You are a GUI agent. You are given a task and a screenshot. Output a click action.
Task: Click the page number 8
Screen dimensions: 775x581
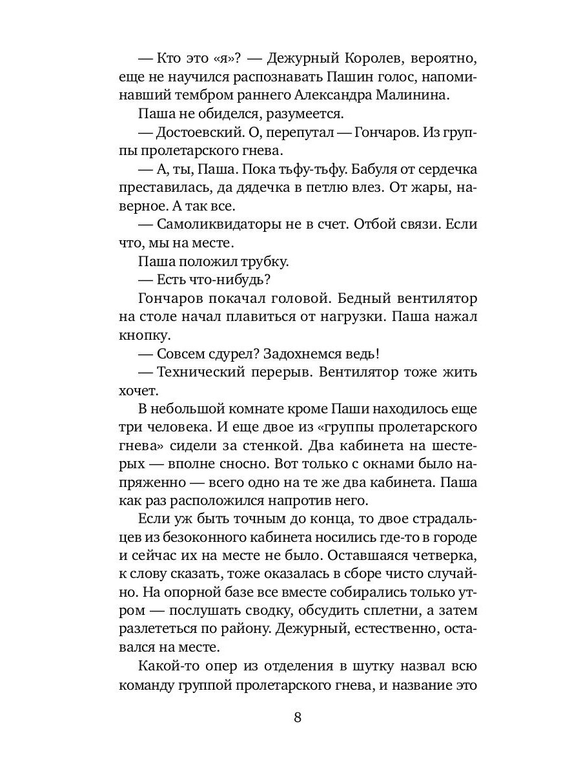click(x=298, y=718)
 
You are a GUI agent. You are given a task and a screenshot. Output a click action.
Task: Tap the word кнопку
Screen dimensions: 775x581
click(x=145, y=336)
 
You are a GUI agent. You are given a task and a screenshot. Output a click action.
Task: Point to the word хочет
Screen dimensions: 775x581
click(x=139, y=391)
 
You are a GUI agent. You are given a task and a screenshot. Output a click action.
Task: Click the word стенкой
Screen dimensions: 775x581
click(x=311, y=446)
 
